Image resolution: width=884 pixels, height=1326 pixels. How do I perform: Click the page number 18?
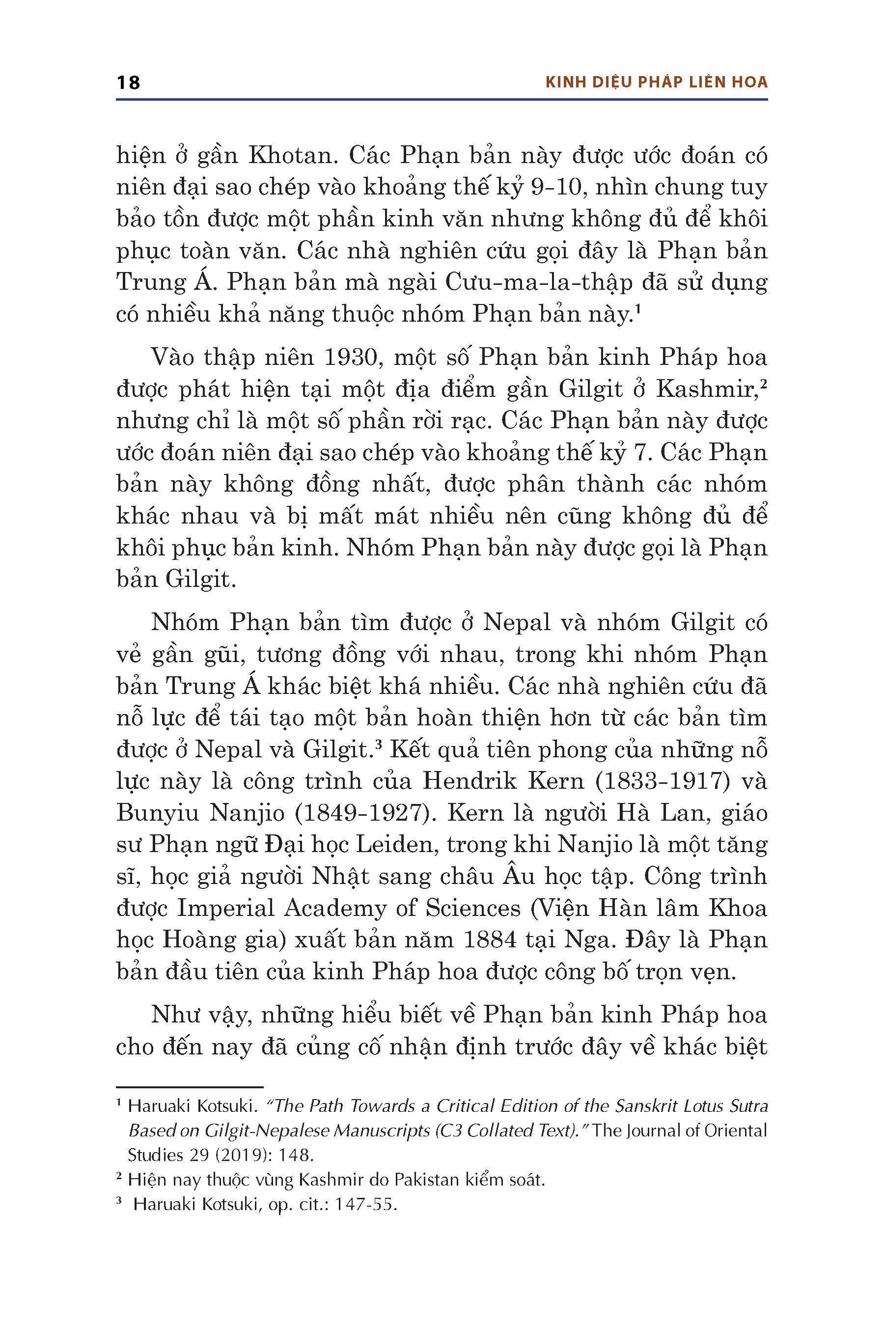128,83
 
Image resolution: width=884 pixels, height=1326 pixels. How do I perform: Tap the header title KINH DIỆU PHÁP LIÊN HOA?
656,83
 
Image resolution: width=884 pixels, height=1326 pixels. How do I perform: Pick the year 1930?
350,358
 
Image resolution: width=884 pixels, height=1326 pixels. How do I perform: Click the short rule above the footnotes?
190,1087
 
